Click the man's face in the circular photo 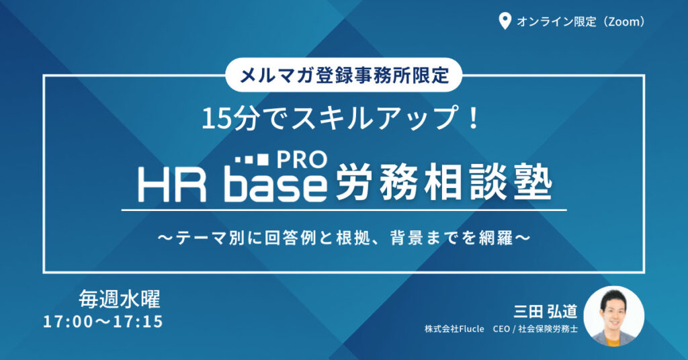(x=613, y=310)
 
